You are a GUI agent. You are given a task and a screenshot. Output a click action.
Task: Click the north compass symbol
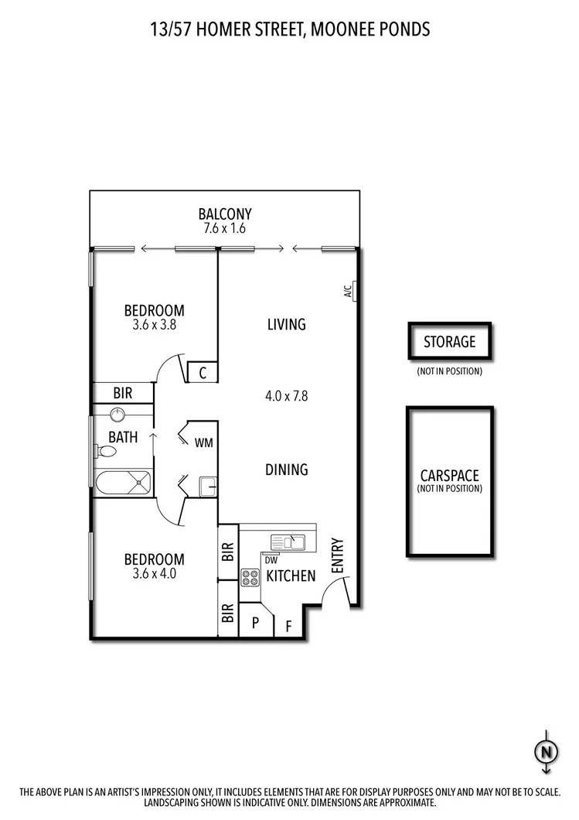(546, 750)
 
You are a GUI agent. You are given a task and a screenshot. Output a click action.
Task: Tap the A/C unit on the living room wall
(354, 291)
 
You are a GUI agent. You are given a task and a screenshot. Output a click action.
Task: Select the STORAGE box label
(449, 341)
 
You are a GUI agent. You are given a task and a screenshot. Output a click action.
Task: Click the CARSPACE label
(449, 476)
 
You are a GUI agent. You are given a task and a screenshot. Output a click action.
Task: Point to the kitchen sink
(288, 541)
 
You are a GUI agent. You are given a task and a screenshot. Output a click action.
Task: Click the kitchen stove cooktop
(250, 576)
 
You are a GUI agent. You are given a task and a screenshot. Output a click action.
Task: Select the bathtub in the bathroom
(123, 483)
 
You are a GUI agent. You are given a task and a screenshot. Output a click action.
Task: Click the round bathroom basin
(118, 414)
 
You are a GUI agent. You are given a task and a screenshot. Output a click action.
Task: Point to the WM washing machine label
(203, 443)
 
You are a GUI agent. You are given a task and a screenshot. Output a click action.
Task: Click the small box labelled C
(202, 373)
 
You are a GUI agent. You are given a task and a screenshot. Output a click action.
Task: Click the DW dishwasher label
(271, 559)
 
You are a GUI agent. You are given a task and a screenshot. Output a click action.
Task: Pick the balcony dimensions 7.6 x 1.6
(225, 229)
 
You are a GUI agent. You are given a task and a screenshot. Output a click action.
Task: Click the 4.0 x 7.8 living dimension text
(287, 396)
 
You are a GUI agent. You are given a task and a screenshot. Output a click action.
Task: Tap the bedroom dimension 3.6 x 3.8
(154, 326)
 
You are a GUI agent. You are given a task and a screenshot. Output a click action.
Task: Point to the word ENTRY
(337, 555)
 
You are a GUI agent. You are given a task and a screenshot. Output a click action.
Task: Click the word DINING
(287, 470)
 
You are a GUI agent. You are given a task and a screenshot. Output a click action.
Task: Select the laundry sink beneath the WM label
(206, 486)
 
